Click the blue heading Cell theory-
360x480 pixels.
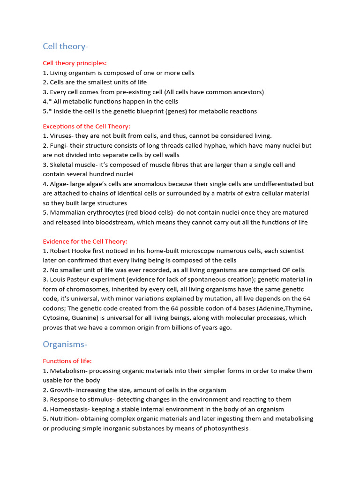tap(65, 46)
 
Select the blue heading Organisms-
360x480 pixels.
tap(65, 344)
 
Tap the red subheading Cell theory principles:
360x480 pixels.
tap(75, 63)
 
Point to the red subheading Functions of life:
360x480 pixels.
tap(67, 361)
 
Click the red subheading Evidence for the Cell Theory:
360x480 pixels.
tap(85, 241)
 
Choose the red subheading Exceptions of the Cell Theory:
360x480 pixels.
tap(86, 126)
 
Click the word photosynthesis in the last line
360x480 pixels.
tap(225, 428)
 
